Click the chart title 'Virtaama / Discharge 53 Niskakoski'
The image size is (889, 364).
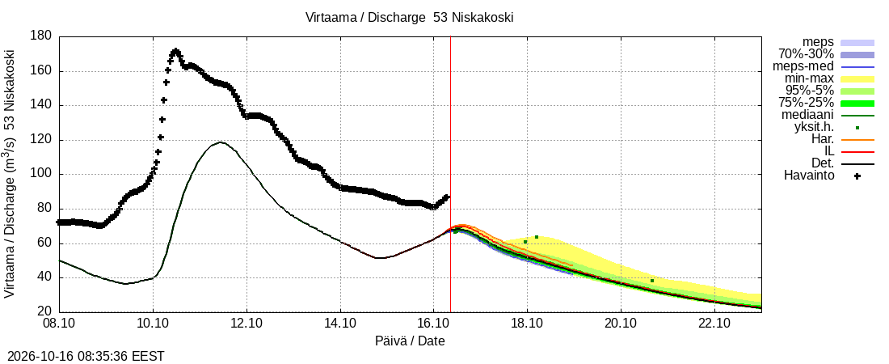410,18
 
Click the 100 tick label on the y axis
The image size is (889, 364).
44,175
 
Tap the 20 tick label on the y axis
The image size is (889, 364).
47,312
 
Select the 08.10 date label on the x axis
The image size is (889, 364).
60,324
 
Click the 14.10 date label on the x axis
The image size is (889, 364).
340,324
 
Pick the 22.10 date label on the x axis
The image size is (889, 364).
714,324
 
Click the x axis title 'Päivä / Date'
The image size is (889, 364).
410,341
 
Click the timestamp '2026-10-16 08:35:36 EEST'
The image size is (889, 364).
82,357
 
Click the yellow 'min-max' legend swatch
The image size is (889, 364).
857,79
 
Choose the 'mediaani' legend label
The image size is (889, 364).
807,116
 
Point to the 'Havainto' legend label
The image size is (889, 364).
809,176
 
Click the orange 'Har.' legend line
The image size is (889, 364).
857,140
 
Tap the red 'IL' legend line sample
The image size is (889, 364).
857,151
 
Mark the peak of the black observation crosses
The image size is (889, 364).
175,52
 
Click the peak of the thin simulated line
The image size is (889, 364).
220,142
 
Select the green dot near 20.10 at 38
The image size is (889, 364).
652,281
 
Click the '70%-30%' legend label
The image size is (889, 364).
807,54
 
